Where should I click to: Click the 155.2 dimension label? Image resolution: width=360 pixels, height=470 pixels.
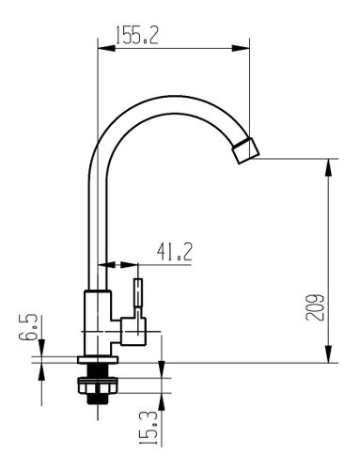pyautogui.click(x=137, y=35)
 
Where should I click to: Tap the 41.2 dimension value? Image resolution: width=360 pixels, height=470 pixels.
pyautogui.click(x=175, y=252)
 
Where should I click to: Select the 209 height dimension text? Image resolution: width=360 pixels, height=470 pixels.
pyautogui.click(x=314, y=307)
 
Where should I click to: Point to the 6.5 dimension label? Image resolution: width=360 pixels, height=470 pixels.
pyautogui.click(x=28, y=327)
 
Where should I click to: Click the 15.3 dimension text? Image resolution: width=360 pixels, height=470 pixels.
pyautogui.click(x=148, y=429)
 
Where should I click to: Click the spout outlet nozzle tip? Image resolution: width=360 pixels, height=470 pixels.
pyautogui.click(x=246, y=150)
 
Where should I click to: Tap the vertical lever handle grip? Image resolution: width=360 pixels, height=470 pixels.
pyautogui.click(x=138, y=292)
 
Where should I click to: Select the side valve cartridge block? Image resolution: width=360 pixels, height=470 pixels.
pyautogui.click(x=133, y=331)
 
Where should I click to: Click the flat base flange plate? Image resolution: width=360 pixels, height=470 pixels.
pyautogui.click(x=98, y=360)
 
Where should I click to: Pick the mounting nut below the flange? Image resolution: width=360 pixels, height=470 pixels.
pyautogui.click(x=98, y=385)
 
